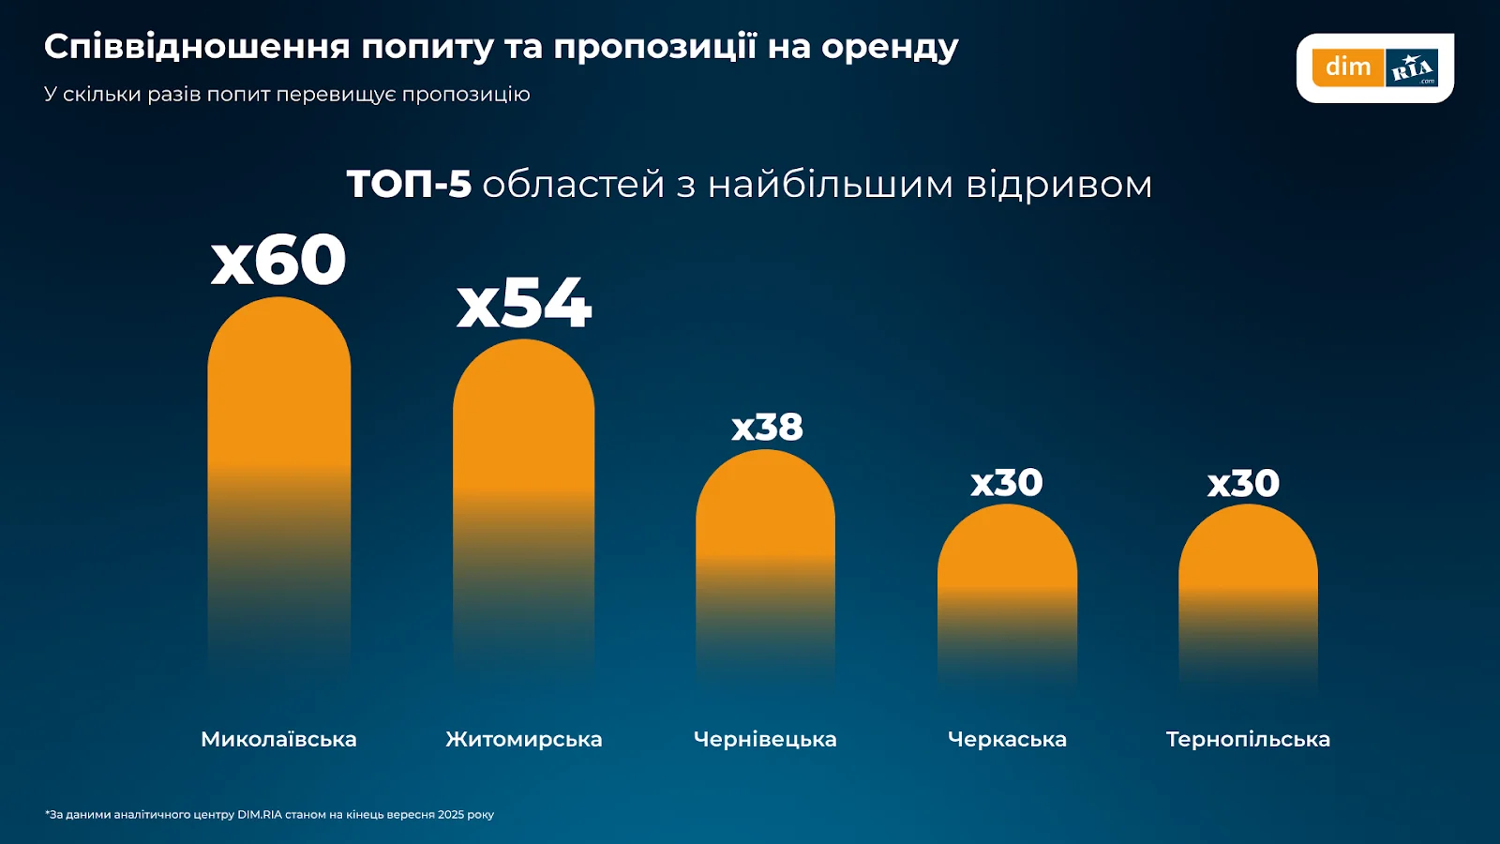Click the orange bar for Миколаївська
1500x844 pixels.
pos(279,450)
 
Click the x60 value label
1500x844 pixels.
pos(278,260)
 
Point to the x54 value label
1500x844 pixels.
pos(524,303)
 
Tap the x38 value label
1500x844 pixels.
pos(767,428)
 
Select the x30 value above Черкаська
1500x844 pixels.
pos(1007,483)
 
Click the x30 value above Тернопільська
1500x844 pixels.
pos(1243,484)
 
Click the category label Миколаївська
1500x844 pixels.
pos(278,739)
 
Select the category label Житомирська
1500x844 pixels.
pos(524,739)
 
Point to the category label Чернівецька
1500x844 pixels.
pos(765,739)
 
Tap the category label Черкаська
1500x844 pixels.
pos(1007,739)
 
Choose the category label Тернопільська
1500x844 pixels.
pos(1248,739)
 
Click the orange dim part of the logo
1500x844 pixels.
pos(1348,68)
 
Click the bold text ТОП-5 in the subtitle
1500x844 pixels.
pos(409,184)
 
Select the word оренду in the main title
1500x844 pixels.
pos(890,47)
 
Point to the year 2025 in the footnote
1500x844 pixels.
pos(451,814)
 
